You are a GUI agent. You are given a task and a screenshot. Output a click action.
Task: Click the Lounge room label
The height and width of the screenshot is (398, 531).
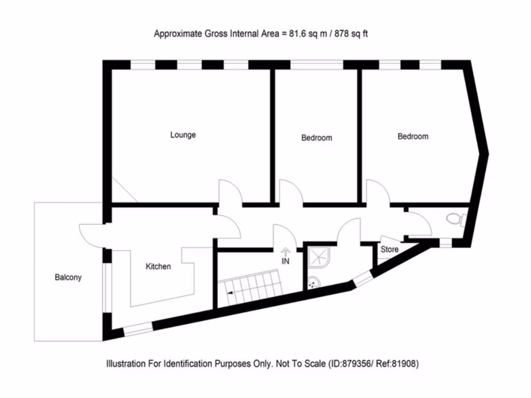(x=183, y=135)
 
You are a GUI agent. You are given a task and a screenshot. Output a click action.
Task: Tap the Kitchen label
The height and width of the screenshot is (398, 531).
(x=158, y=266)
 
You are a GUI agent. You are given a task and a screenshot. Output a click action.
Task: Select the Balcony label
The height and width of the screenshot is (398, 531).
(x=68, y=278)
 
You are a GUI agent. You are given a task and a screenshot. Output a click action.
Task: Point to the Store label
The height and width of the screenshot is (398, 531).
(x=389, y=249)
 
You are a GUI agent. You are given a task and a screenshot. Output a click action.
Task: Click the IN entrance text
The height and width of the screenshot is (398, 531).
(x=286, y=261)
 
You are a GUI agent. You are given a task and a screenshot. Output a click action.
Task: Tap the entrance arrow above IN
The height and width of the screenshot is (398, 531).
(x=286, y=251)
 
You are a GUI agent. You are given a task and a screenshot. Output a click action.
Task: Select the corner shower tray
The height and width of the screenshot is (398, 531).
(x=319, y=257)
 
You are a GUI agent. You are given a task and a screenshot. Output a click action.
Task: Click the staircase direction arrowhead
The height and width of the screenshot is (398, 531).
(x=230, y=293)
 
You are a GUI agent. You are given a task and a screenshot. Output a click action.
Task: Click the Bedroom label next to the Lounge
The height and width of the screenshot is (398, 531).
(x=317, y=138)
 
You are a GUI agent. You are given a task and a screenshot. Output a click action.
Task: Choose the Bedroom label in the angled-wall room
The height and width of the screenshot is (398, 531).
(x=413, y=136)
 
